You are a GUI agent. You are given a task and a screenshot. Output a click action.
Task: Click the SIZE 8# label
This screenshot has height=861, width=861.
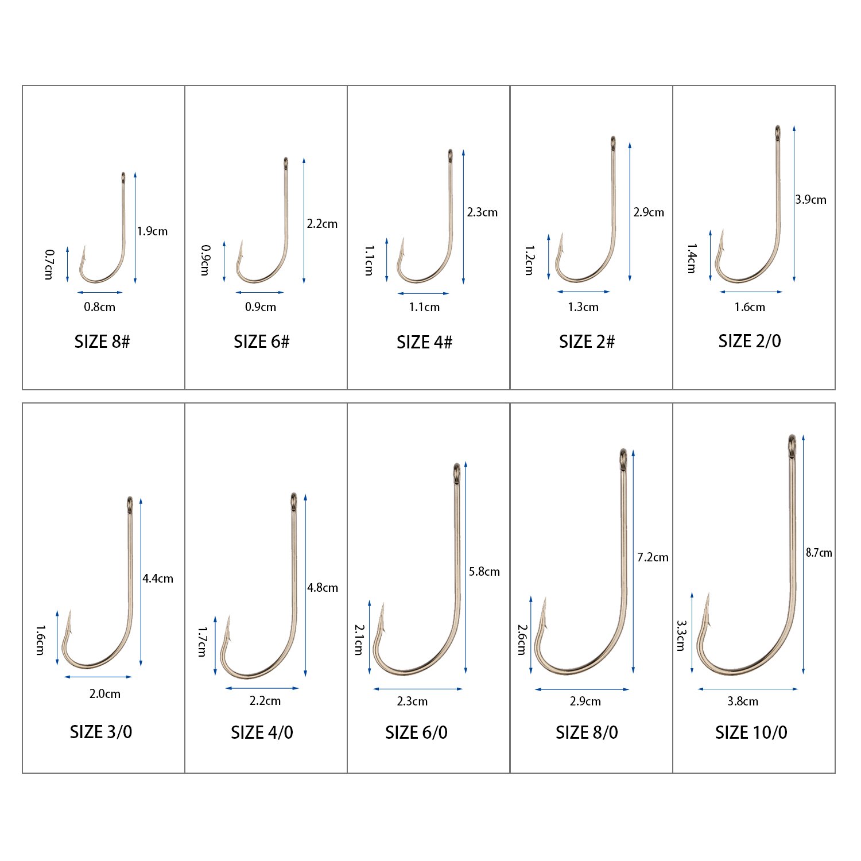pos(102,342)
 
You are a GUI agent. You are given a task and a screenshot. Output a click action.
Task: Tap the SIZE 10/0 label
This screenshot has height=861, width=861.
pos(751,732)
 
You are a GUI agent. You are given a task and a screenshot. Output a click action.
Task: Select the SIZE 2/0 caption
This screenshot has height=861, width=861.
pos(750,341)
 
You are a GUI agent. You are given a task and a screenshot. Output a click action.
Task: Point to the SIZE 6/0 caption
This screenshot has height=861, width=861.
pos(416,732)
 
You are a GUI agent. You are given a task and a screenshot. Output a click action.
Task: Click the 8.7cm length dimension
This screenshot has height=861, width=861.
pos(819,553)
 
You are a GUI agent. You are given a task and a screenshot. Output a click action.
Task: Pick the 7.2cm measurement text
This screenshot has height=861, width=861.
pos(653,557)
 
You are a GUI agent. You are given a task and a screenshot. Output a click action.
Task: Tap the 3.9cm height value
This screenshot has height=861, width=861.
pos(810,200)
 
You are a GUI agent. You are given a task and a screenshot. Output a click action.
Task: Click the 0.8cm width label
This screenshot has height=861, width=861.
pos(99,307)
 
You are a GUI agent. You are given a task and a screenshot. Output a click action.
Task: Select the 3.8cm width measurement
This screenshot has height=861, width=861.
pos(743,701)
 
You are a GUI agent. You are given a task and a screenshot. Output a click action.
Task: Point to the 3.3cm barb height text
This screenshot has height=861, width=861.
pos(681,635)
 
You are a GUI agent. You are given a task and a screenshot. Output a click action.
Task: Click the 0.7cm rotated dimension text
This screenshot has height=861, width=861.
pos(49,264)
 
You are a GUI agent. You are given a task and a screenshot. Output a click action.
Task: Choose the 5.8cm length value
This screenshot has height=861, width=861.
pos(484,572)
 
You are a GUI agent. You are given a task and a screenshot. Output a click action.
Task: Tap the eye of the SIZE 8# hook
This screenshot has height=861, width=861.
pos(123,177)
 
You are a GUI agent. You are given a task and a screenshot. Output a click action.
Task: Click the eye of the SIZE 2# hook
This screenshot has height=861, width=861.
pos(613,142)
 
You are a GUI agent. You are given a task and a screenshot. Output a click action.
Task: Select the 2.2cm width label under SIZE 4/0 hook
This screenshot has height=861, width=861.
pos(265,701)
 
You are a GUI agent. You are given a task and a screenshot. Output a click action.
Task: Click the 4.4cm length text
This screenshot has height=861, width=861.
pos(158,579)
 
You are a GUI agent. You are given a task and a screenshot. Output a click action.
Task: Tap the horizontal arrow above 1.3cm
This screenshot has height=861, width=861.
pos(583,292)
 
